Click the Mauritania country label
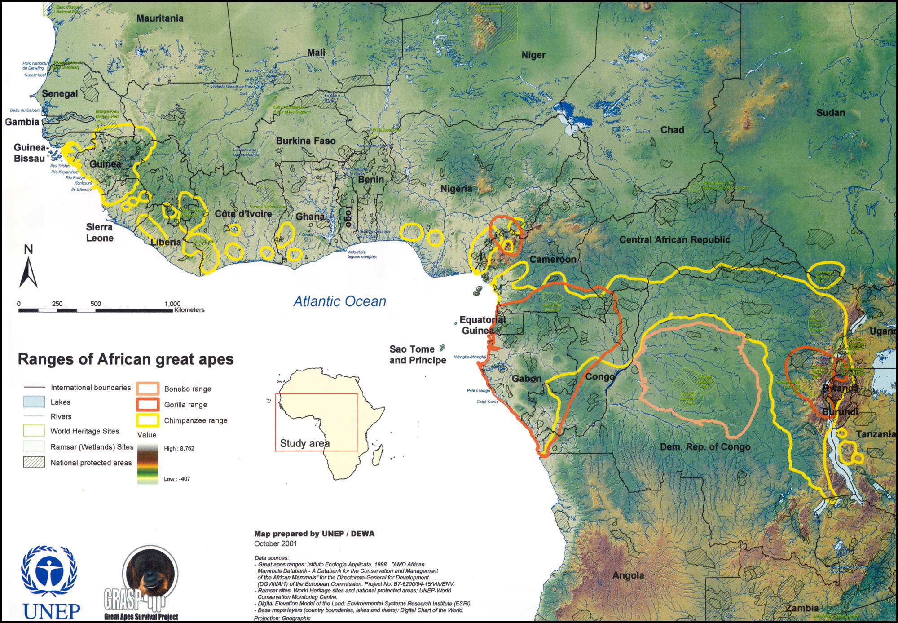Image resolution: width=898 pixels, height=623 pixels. tap(160, 18)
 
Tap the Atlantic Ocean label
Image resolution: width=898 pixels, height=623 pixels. tap(339, 301)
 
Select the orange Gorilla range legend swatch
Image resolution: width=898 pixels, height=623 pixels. tap(148, 404)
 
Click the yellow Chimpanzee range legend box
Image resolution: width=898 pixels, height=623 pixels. tap(148, 420)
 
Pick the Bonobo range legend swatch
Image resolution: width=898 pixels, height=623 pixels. tap(148, 389)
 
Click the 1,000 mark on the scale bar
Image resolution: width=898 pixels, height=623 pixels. tap(172, 304)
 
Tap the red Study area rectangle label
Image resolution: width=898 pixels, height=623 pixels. tap(304, 443)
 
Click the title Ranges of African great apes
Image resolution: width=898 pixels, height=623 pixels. tap(126, 359)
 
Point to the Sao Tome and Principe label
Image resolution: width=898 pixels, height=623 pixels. tap(417, 354)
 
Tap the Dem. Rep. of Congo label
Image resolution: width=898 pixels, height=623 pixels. tap(705, 447)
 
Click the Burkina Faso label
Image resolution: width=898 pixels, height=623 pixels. tap(306, 141)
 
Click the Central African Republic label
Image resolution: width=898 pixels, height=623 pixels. tap(674, 240)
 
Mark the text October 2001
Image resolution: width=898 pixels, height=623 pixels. tap(275, 543)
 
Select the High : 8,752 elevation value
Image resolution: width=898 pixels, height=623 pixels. tap(179, 448)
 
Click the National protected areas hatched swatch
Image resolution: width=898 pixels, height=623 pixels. tap(34, 462)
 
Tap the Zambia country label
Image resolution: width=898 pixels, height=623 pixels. tap(801, 608)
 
